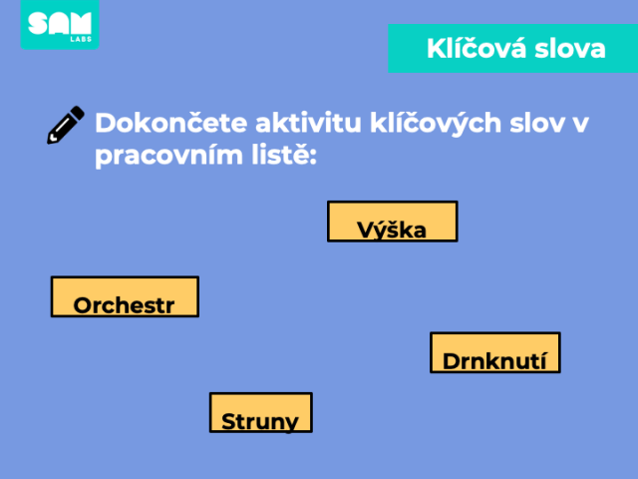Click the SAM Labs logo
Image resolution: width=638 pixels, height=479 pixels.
[x=60, y=24]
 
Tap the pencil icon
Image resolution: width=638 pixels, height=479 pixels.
[x=66, y=125]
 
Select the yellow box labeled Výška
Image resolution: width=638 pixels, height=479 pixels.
[x=393, y=222]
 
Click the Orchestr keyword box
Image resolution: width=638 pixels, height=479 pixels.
[x=125, y=296]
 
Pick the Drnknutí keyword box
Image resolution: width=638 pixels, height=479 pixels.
[x=495, y=352]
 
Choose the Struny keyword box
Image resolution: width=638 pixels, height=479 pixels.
[x=261, y=412]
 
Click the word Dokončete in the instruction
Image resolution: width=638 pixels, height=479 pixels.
[x=171, y=123]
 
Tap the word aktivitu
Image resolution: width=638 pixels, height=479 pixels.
[x=308, y=123]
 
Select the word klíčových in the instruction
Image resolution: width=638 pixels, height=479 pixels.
[x=436, y=124]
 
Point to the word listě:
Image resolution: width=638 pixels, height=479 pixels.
[x=284, y=155]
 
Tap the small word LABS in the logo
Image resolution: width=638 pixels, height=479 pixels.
[x=81, y=39]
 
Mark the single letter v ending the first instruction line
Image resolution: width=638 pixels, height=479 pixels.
[x=580, y=125]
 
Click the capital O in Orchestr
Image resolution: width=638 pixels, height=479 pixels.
[x=83, y=305]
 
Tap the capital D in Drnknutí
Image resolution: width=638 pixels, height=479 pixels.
[x=452, y=361]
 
